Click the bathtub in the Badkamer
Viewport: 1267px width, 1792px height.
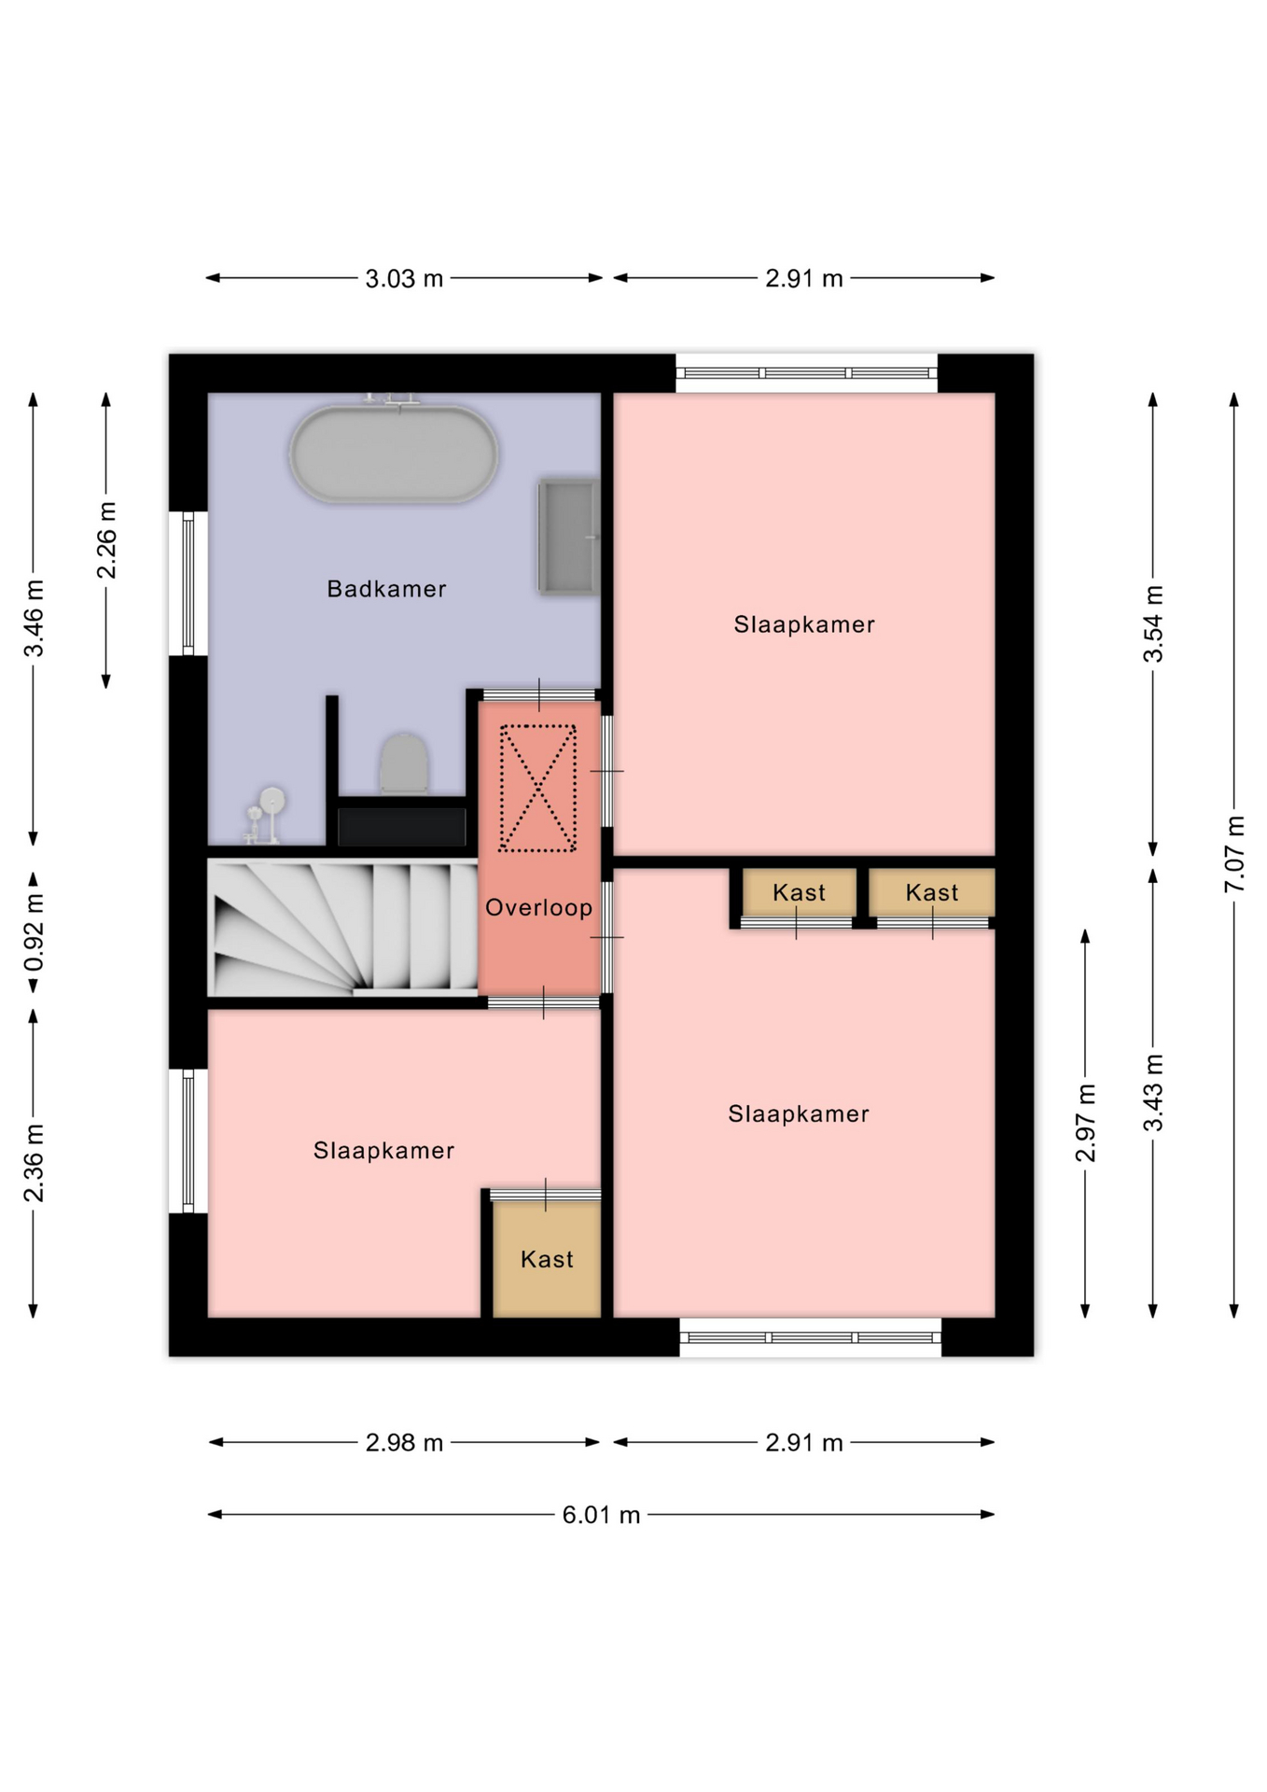point(394,454)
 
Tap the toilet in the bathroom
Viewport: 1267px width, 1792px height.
point(404,764)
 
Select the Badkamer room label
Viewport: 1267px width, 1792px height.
point(386,589)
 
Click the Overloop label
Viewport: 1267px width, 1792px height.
point(539,907)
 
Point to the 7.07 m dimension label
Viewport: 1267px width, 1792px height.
point(1234,854)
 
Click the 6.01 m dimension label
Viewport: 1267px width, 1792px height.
point(601,1515)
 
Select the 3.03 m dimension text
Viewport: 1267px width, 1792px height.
point(404,278)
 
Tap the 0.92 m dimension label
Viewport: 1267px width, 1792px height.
point(34,932)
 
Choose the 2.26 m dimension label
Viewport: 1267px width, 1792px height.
point(106,540)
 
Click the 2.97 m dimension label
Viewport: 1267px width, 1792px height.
point(1085,1123)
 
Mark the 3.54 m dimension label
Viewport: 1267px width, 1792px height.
point(1153,623)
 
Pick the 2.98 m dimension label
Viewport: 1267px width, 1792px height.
point(404,1443)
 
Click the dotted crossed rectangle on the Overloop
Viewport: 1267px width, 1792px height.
point(537,789)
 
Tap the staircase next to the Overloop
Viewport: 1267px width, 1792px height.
point(342,928)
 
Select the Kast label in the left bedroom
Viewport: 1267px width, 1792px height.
point(547,1259)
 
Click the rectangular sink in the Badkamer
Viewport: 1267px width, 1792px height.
point(568,537)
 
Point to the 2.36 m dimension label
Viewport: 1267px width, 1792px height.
point(34,1163)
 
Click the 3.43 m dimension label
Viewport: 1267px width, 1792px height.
point(1153,1092)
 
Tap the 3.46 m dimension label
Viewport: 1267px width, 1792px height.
point(34,618)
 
